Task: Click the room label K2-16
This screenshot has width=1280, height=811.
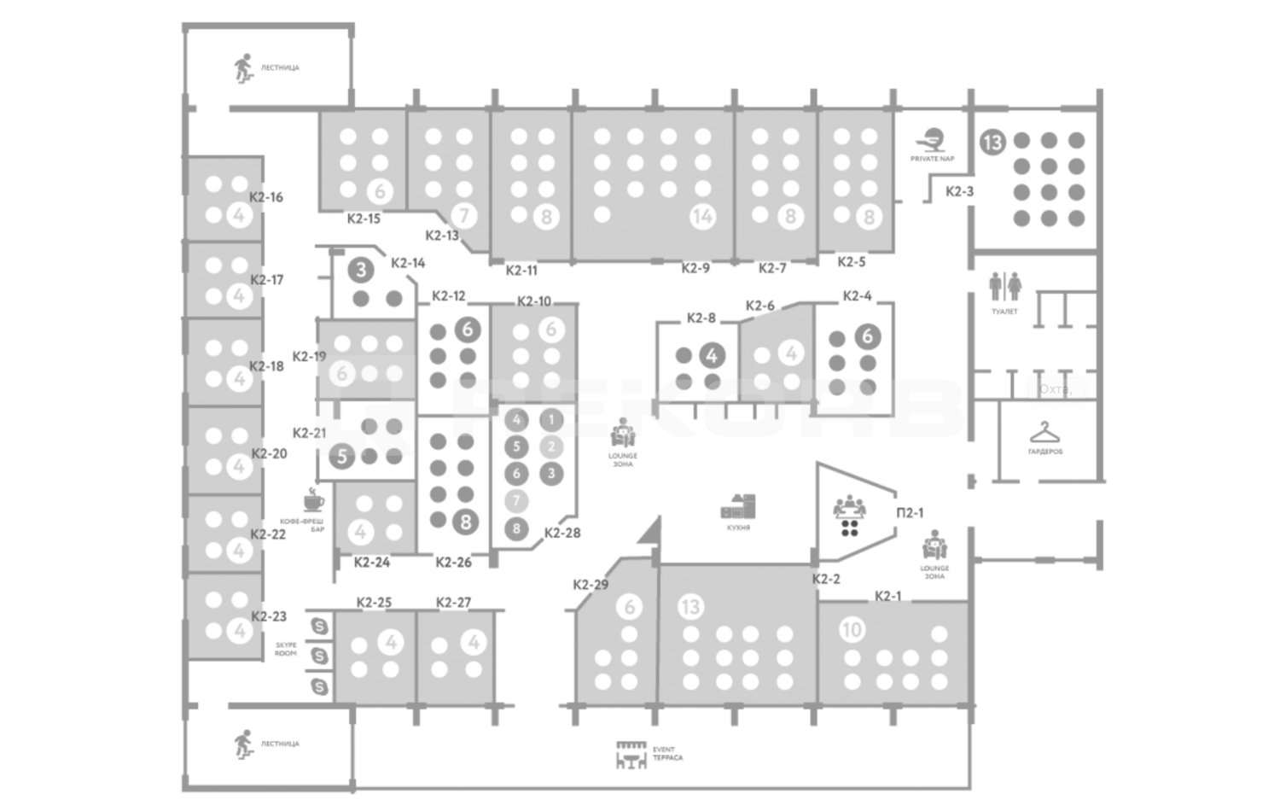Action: click(x=266, y=197)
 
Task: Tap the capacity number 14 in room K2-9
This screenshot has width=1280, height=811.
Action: click(x=702, y=217)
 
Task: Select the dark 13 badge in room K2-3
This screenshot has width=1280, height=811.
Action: click(x=992, y=141)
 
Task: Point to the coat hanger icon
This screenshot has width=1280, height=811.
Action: click(x=1044, y=432)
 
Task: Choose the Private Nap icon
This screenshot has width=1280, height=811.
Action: click(x=932, y=139)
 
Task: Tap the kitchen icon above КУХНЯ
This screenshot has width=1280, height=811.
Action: click(x=738, y=507)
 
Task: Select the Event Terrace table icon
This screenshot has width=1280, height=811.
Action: click(x=631, y=755)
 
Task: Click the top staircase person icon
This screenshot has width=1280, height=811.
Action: click(x=244, y=67)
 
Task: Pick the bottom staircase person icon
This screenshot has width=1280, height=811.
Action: click(x=244, y=744)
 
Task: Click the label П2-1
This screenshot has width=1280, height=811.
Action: click(x=910, y=513)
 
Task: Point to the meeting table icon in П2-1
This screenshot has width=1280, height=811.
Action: click(x=849, y=516)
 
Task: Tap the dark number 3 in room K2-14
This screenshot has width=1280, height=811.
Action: click(x=362, y=271)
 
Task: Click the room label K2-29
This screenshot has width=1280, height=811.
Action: click(x=591, y=585)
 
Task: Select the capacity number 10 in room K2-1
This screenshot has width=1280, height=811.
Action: click(x=852, y=630)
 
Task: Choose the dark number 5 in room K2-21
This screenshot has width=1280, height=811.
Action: click(x=342, y=456)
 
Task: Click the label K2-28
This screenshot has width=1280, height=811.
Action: click(x=562, y=533)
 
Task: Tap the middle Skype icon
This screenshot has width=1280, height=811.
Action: click(x=320, y=656)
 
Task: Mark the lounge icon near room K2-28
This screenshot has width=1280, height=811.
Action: click(x=623, y=434)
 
